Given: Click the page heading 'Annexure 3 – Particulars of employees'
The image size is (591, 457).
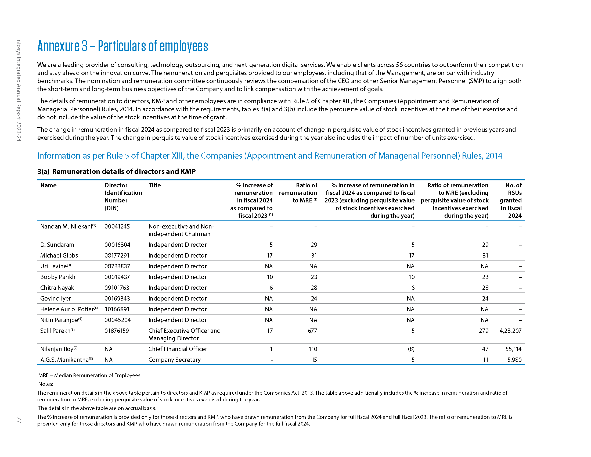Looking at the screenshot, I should coord(122,46).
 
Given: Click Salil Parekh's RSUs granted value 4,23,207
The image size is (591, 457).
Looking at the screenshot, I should coord(510,331).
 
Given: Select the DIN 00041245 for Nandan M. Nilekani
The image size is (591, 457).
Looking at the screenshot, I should coord(117,226).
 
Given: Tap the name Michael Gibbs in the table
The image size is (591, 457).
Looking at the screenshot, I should coord(59,255).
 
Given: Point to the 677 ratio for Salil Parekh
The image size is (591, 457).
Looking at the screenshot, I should coord(312,331).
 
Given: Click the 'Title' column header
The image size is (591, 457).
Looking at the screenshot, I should coord(154,185).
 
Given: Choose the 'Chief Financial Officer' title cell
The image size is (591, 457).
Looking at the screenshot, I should coord(178,349).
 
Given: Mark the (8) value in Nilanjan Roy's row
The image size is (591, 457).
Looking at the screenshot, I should coord(411,349).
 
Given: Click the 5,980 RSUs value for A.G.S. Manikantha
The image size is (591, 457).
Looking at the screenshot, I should coord(514,360).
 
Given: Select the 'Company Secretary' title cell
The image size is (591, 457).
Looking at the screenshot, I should coord(175,360).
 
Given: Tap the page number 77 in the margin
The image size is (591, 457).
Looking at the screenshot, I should coord(19,420).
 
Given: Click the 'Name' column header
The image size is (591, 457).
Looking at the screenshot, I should coord(48,185).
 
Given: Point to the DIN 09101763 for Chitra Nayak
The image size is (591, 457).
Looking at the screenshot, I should coord(117,288).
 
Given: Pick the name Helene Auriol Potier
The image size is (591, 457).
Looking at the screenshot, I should coord(67,309).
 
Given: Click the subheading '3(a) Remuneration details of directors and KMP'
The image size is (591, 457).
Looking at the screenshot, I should coord(116,172).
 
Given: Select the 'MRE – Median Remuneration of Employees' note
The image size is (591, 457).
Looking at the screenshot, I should coord(89,375).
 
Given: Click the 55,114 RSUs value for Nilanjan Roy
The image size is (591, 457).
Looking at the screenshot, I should coord(513,349).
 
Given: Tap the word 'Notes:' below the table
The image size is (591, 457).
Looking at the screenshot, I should coord(46,384).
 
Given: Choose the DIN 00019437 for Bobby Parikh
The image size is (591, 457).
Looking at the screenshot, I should coord(117,277).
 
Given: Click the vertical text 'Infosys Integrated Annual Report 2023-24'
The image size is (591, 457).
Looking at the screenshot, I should coord(19,90).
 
